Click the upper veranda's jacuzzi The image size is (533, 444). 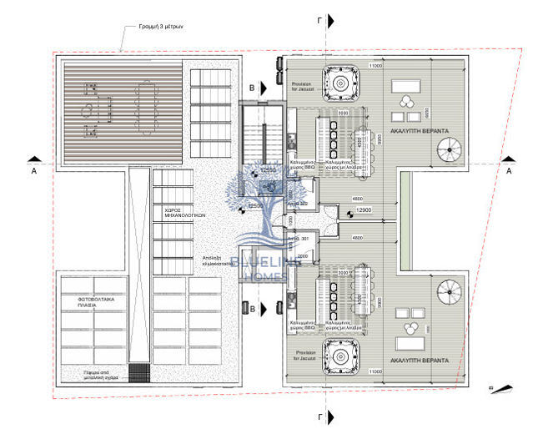[339, 82]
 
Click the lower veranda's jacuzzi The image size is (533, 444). [339, 356]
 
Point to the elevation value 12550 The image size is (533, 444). [269, 169]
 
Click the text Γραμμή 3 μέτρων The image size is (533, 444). [167, 27]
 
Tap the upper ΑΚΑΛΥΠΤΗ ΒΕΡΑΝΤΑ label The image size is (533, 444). [420, 132]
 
